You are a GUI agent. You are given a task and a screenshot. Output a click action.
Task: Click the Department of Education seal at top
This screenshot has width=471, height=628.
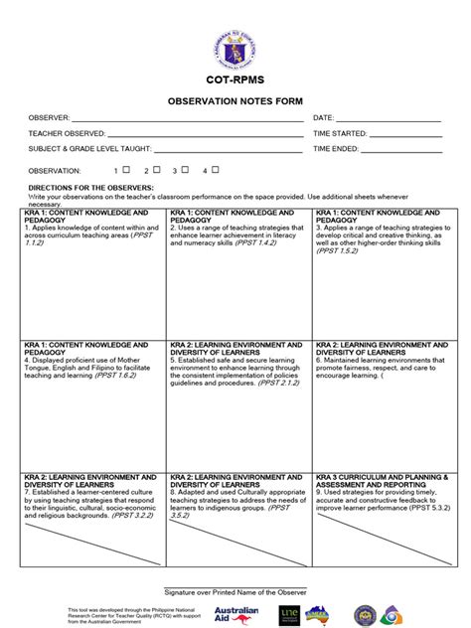pos(235,40)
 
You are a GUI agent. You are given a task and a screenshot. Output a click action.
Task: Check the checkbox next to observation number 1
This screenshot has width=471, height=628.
pos(127,170)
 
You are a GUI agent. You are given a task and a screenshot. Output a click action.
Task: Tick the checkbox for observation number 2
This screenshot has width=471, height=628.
pos(156,170)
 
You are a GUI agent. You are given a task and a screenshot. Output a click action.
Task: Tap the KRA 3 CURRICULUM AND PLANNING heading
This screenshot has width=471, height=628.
pos(382,480)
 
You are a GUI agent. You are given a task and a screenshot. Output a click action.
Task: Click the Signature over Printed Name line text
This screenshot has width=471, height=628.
pos(235,591)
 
